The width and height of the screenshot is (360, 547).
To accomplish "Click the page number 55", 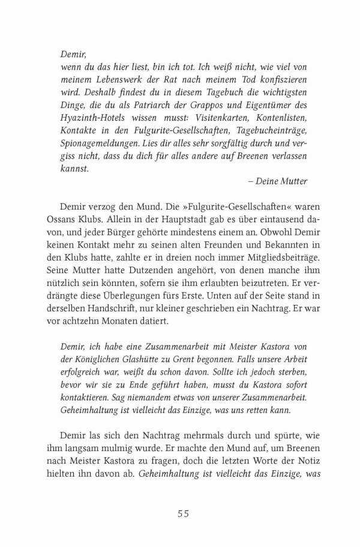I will tap(184, 513).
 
